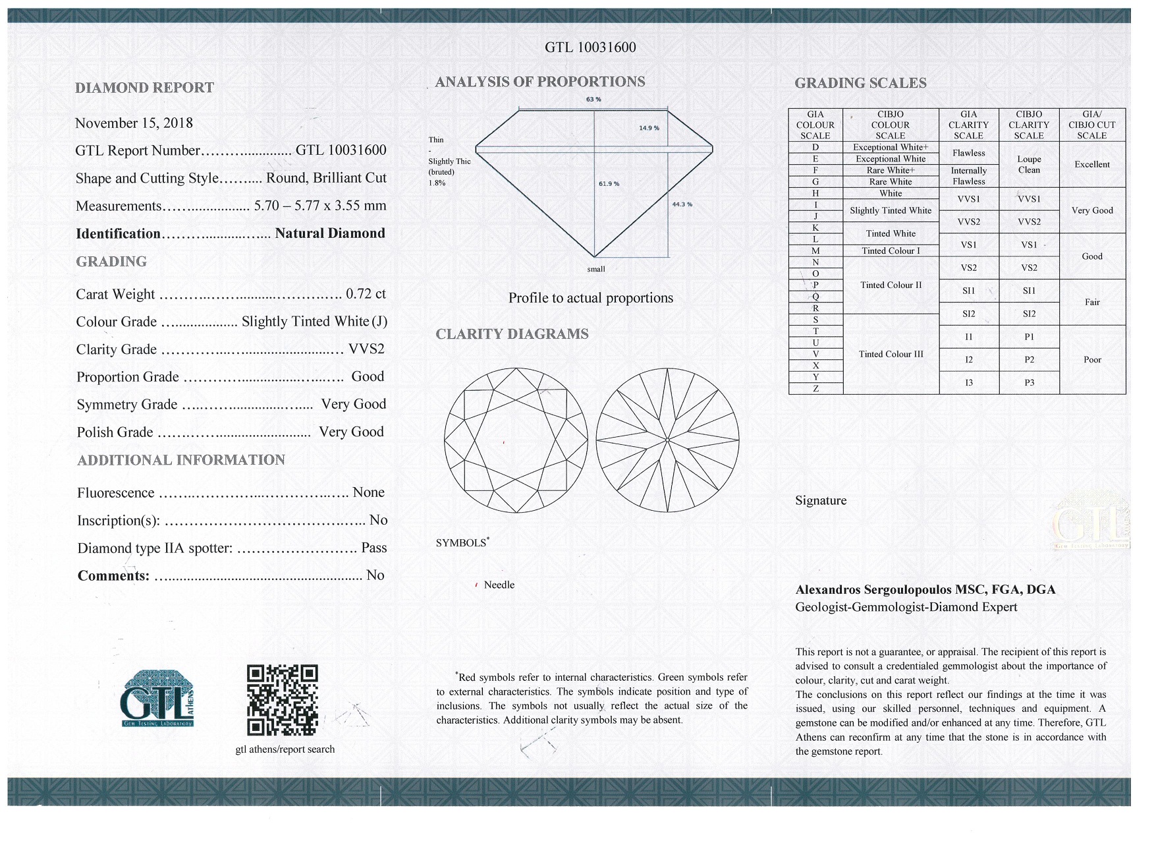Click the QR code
point(283,700)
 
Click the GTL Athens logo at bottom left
point(157,699)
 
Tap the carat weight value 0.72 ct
point(366,293)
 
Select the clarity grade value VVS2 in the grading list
point(366,349)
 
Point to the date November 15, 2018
point(134,123)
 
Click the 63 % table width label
point(593,100)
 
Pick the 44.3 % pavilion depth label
point(682,204)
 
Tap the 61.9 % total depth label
point(609,184)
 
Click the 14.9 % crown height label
point(649,128)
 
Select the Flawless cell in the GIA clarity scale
point(968,153)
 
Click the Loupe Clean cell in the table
point(1028,164)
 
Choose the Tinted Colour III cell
point(891,354)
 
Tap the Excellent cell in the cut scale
point(1091,164)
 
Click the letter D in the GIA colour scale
point(815,147)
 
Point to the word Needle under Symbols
point(499,585)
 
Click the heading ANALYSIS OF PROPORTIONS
point(539,82)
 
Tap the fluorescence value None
point(368,492)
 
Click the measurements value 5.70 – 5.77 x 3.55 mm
point(320,206)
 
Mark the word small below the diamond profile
point(595,269)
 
